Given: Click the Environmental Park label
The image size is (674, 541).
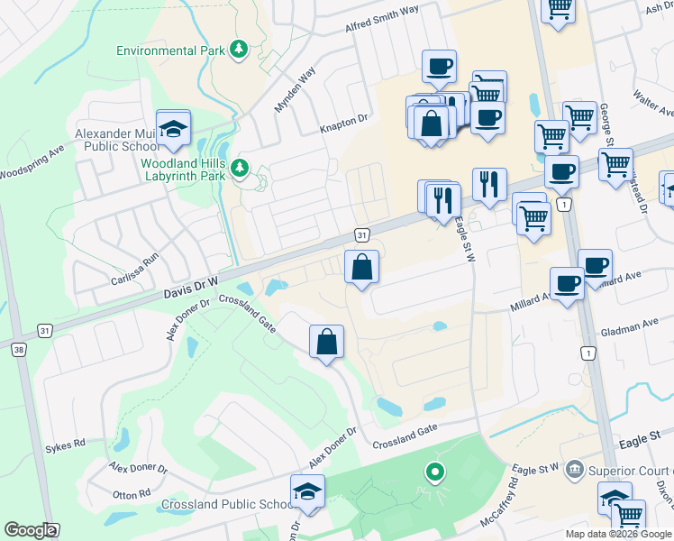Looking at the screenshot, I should [170, 50].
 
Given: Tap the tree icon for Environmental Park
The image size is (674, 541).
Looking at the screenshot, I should [239, 49].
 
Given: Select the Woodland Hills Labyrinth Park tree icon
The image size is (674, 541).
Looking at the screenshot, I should [240, 168].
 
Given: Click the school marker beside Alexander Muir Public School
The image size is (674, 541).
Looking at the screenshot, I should [173, 130].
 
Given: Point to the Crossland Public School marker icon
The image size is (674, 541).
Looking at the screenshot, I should [308, 491].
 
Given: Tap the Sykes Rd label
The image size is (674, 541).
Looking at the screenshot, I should [65, 445].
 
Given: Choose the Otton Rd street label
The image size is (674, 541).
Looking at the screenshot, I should [131, 495].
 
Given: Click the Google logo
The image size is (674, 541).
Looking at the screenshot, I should [30, 530].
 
